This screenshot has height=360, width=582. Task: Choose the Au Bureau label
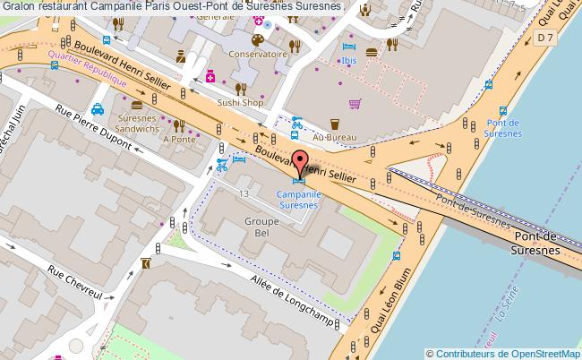point(335,137)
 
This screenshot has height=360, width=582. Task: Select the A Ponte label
point(182,139)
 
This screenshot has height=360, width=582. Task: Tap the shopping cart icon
point(355,104)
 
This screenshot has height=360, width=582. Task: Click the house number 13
point(244,193)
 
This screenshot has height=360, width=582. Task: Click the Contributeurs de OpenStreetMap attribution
point(504,353)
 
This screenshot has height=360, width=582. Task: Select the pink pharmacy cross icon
point(211,76)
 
